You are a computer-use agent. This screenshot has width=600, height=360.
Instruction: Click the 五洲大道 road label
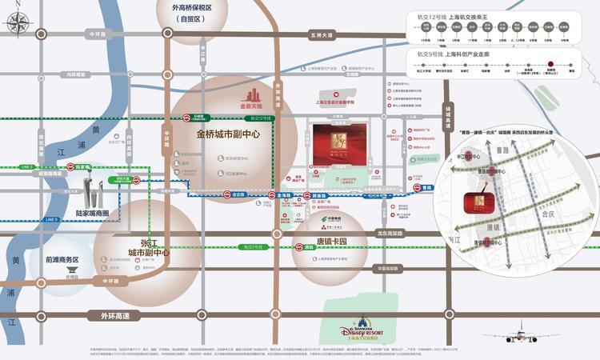pos(320,34)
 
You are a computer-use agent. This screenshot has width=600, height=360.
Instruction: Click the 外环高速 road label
pos(118,315)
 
